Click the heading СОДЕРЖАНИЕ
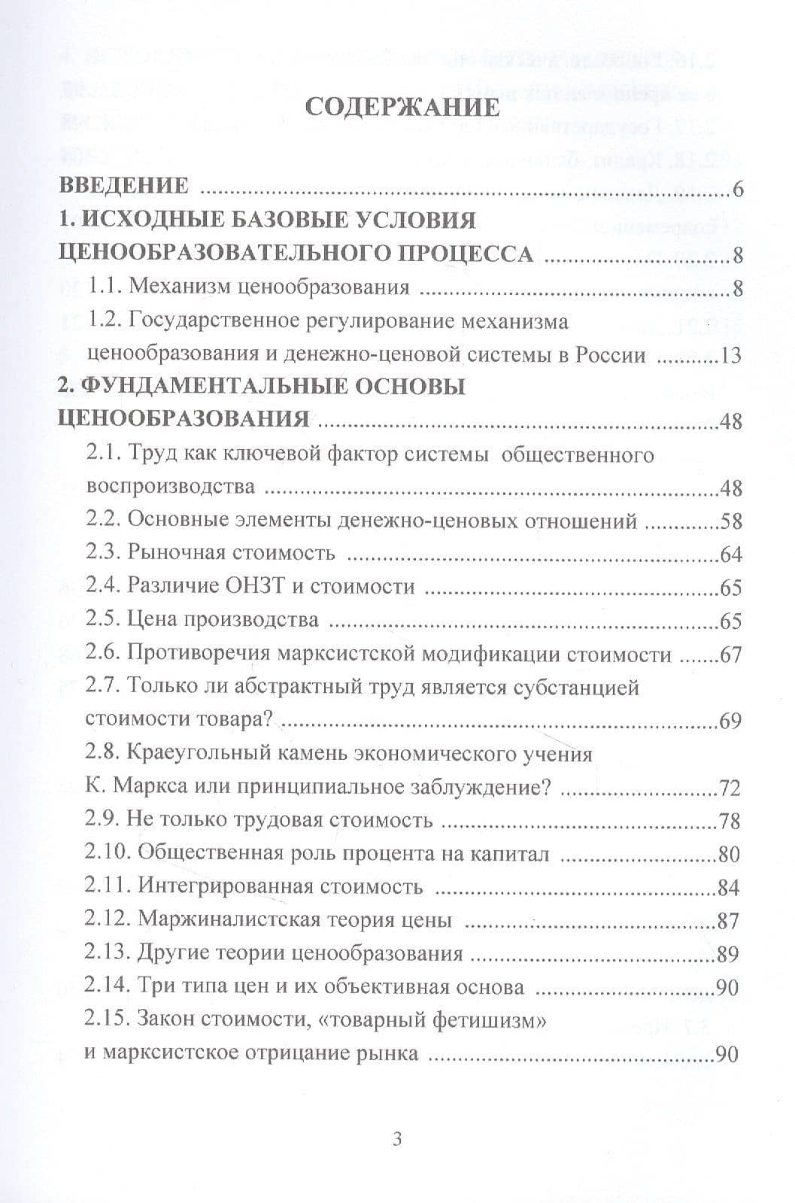point(402,106)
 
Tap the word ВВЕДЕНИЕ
point(123,187)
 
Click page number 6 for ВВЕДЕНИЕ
point(737,189)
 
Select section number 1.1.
point(105,287)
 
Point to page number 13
point(730,355)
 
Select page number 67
point(730,655)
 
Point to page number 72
point(730,788)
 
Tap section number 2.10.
point(108,854)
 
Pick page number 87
point(728,921)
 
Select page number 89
point(728,954)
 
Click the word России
point(611,354)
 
